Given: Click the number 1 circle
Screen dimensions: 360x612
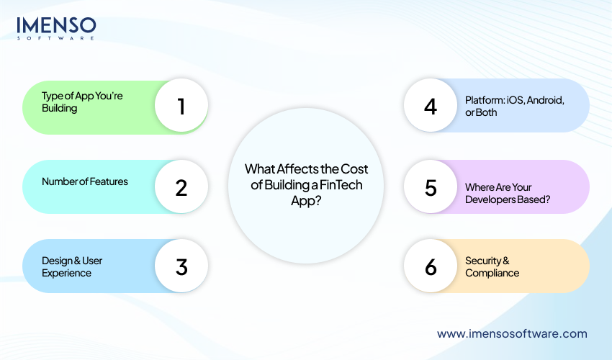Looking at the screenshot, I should (x=181, y=107).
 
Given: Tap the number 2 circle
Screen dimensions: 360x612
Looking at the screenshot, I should (x=181, y=188).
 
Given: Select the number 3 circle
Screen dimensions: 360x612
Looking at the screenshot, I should (x=181, y=266).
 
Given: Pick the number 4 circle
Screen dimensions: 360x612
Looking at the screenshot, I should (x=431, y=107).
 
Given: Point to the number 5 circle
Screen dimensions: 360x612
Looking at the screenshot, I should (x=431, y=188).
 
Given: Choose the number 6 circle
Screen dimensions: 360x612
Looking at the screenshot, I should (x=431, y=266).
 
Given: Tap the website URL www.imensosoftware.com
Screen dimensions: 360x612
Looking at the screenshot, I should (x=512, y=333).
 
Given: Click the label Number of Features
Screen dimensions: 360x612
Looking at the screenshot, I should (x=85, y=181).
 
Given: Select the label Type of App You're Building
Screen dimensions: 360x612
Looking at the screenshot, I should (x=82, y=102).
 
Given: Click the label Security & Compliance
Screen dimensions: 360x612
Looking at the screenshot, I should (x=492, y=266).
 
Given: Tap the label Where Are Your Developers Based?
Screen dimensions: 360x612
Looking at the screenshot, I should (x=508, y=193).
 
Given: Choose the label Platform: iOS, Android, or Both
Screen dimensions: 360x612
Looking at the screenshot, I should (x=514, y=107).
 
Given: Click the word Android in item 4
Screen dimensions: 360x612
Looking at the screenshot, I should (x=545, y=101).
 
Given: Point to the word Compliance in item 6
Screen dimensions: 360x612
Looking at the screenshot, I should (x=492, y=273).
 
